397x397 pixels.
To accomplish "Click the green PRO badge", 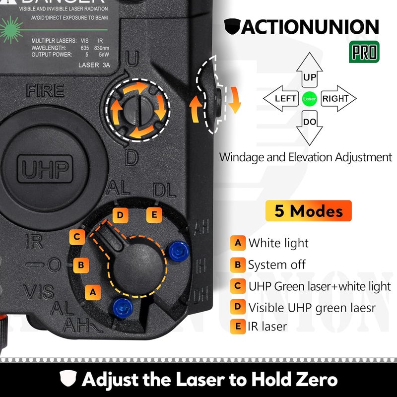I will pos(365,51).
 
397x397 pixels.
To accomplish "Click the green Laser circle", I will pos(309,99).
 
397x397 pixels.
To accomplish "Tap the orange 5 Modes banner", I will pos(308,211).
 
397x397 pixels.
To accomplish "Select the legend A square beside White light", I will pos(238,243).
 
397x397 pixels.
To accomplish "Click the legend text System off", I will pos(277,265).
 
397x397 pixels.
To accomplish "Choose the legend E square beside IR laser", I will pos(238,326).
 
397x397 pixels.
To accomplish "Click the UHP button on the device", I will pos(45,168).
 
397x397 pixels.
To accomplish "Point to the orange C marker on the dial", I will pos(77,237).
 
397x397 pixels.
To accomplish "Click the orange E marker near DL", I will pos(153,215).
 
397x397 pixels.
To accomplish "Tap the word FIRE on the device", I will pos(45,91).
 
